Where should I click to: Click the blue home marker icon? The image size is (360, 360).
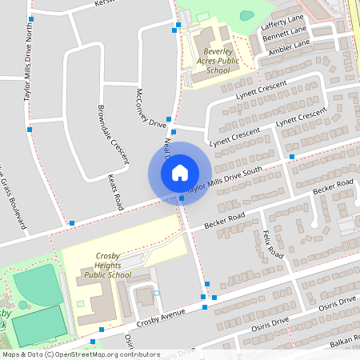(x=179, y=173)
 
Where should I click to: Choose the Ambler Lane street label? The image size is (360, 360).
(x=290, y=48)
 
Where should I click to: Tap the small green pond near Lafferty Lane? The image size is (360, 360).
(x=246, y=15)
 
